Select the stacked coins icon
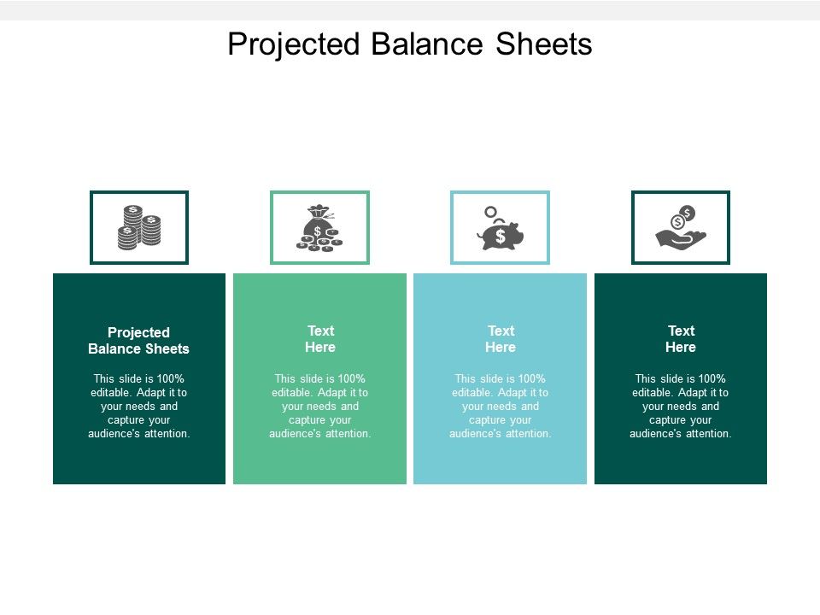[x=139, y=227]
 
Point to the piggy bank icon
[x=501, y=233]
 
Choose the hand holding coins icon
[x=681, y=227]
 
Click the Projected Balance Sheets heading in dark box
[x=139, y=340]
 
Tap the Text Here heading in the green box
[x=320, y=339]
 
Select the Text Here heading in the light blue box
[x=501, y=339]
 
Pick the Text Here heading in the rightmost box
[x=681, y=339]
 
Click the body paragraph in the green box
[x=320, y=406]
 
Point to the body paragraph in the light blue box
[x=501, y=406]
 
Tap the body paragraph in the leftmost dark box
[x=139, y=406]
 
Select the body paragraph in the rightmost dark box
[x=681, y=406]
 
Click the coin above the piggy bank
[x=490, y=211]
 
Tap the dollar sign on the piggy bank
[x=501, y=235]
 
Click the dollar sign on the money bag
[x=318, y=231]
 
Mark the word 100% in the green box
[x=351, y=378]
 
